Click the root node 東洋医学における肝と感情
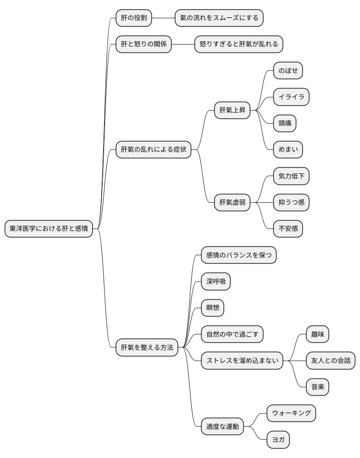[x=49, y=229]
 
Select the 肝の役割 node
[x=134, y=18]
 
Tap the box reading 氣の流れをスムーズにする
[x=219, y=18]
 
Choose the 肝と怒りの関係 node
[x=143, y=44]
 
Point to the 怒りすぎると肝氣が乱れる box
[x=239, y=44]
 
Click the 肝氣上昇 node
[x=232, y=110]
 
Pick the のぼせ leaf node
[x=288, y=70]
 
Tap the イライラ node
[x=291, y=97]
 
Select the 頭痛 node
[x=285, y=123]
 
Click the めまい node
[x=288, y=149]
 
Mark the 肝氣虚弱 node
[x=232, y=202]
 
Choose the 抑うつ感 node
[x=291, y=202]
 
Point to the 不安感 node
[x=288, y=229]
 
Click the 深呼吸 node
[x=216, y=281]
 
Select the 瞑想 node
[x=213, y=308]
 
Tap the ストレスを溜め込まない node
[x=242, y=361]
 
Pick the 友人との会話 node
[x=331, y=361]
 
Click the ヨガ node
[x=278, y=440]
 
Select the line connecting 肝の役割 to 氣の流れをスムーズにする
[x=164, y=18]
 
